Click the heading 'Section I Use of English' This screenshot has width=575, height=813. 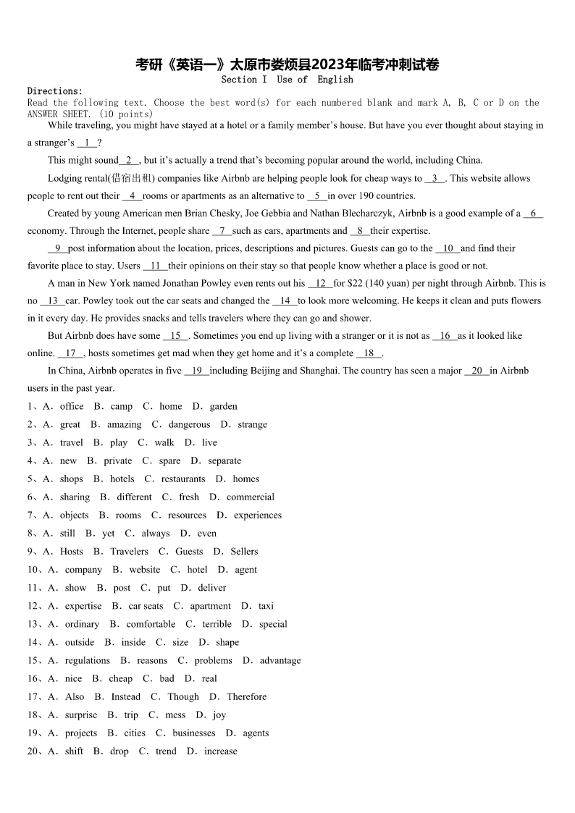pyautogui.click(x=287, y=80)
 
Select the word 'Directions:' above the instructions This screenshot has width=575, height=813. pyautogui.click(x=55, y=91)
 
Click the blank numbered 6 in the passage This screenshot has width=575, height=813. pyautogui.click(x=533, y=214)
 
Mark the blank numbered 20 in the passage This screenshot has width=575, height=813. pyautogui.click(x=477, y=371)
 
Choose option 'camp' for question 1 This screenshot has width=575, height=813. pyautogui.click(x=122, y=407)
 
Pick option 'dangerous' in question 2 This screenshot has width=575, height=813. pyautogui.click(x=189, y=425)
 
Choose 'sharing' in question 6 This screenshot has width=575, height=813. pyautogui.click(x=75, y=497)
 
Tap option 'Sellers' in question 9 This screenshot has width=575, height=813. pyautogui.click(x=244, y=552)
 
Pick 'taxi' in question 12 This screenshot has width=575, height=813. pyautogui.click(x=266, y=606)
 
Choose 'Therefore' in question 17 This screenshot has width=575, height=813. pyautogui.click(x=246, y=696)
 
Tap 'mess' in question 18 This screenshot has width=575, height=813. pyautogui.click(x=175, y=715)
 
